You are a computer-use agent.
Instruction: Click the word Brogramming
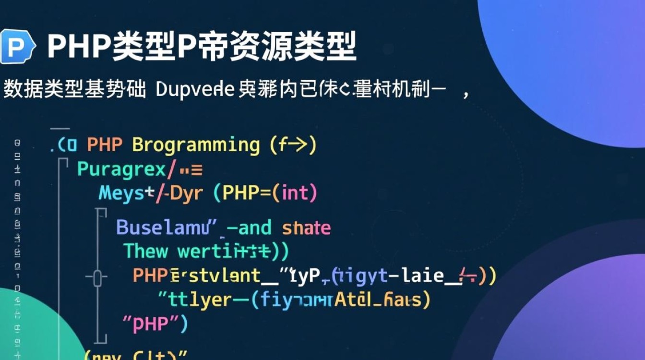(196, 145)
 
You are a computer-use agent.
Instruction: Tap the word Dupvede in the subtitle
(195, 90)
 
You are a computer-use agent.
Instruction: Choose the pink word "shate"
(306, 228)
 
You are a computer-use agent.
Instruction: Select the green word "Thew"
(146, 251)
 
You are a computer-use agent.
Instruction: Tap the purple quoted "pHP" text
(155, 324)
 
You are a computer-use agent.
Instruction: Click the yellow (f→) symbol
(293, 145)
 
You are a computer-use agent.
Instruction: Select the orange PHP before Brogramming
(105, 145)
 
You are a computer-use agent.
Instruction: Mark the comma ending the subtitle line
(465, 93)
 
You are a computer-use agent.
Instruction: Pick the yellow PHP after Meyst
(249, 193)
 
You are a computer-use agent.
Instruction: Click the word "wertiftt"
(226, 251)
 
